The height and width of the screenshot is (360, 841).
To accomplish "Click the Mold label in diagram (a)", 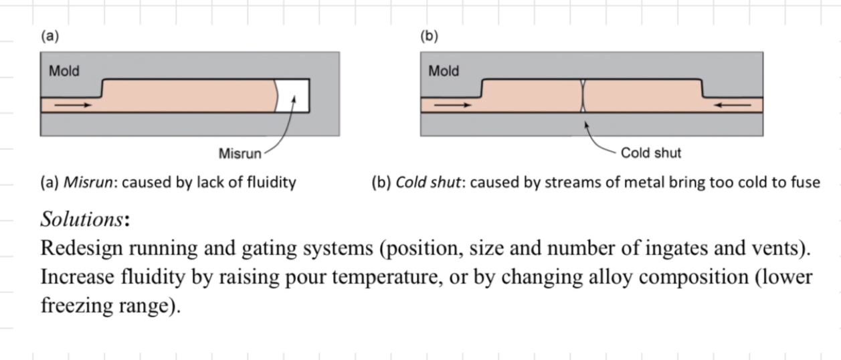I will pos(64,71).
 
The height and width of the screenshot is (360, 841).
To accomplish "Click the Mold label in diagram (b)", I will pos(444,71).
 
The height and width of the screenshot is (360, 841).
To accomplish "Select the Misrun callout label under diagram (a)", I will pos(240,153).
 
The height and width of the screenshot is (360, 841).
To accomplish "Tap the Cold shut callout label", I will pos(650,153).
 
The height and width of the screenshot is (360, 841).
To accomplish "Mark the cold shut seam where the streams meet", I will pos(583,96).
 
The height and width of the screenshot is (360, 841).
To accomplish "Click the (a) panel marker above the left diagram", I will pos(50,37).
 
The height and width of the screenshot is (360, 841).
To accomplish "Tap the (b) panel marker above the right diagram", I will pos(429,37).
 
